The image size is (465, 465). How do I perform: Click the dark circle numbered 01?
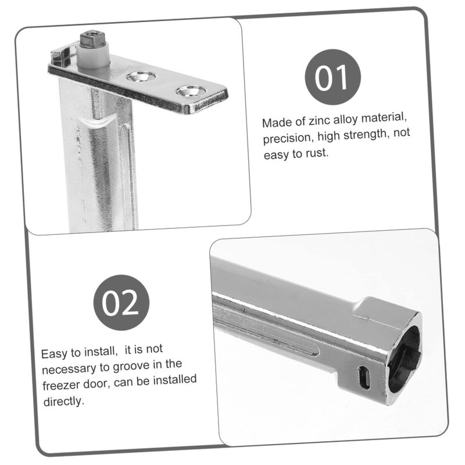[332, 77]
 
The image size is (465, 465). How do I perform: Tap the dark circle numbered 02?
[121, 302]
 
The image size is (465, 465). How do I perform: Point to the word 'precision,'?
[288, 138]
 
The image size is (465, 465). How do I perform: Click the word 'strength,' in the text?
[367, 134]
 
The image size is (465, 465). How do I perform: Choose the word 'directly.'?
[64, 401]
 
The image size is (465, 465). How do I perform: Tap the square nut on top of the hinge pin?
[92, 38]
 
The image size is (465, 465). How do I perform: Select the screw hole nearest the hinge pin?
[141, 76]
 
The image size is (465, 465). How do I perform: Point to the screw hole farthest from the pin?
[191, 91]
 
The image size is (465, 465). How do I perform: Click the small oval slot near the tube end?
[364, 377]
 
